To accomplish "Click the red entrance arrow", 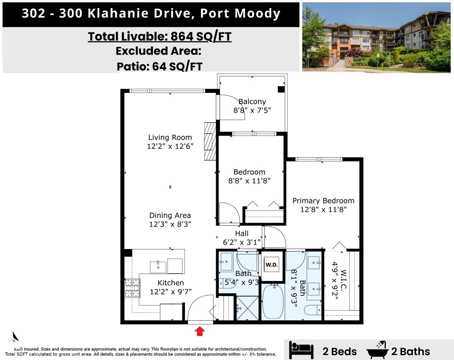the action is (x=200, y=331).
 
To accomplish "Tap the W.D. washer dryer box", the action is (x=271, y=265).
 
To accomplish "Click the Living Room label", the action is (x=170, y=137).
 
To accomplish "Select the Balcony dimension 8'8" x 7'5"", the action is (x=252, y=110).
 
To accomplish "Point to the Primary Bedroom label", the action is (x=323, y=201).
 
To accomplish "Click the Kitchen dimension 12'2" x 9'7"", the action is (x=171, y=292).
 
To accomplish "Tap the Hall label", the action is (x=242, y=233).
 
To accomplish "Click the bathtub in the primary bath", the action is (x=273, y=302).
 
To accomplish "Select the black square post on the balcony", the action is (x=281, y=89).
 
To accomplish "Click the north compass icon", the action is (x=14, y=337).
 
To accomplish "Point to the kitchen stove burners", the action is (x=132, y=288).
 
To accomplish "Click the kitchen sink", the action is (x=158, y=267).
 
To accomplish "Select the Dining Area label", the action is (x=170, y=215).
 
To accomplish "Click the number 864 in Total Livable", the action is (x=182, y=36).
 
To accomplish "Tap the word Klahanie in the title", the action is (x=118, y=13).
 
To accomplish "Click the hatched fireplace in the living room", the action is (x=210, y=141).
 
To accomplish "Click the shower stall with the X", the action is (x=247, y=308).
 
